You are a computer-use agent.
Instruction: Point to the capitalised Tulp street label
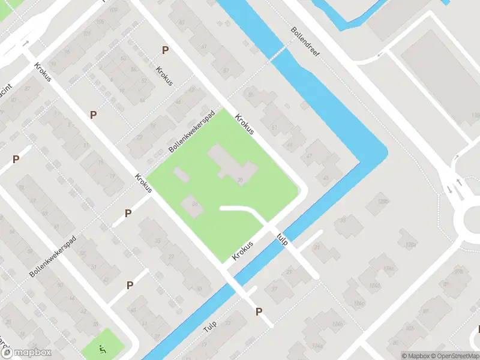(x=209, y=326)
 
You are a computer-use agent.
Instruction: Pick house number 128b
(x=384, y=202)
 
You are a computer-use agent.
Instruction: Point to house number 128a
(x=410, y=245)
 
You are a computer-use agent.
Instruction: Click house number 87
(x=226, y=71)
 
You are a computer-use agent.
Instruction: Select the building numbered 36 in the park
(x=241, y=179)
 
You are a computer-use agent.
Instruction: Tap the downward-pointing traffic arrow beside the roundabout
(x=449, y=190)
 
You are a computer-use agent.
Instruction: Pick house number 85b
(x=410, y=328)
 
